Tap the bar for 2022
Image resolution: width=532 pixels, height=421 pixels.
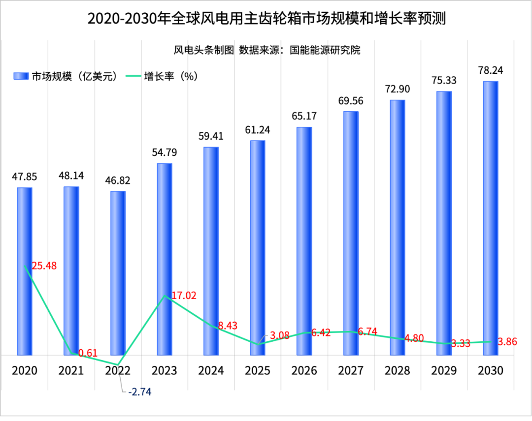118,272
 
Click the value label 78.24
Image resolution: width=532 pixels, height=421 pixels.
490,70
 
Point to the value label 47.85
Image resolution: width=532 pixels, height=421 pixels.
25,177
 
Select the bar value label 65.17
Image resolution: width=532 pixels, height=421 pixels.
304,117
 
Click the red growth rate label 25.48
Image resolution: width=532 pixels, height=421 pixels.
44,266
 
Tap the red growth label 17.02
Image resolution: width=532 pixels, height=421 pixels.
184,296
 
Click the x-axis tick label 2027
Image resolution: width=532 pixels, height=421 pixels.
350,370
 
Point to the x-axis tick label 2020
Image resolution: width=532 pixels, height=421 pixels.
25,370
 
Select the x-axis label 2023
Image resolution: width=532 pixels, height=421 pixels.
164,370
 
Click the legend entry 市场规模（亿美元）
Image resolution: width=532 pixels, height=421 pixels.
66,76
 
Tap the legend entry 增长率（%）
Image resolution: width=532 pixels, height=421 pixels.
163,76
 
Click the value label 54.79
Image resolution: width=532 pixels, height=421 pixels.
164,152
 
